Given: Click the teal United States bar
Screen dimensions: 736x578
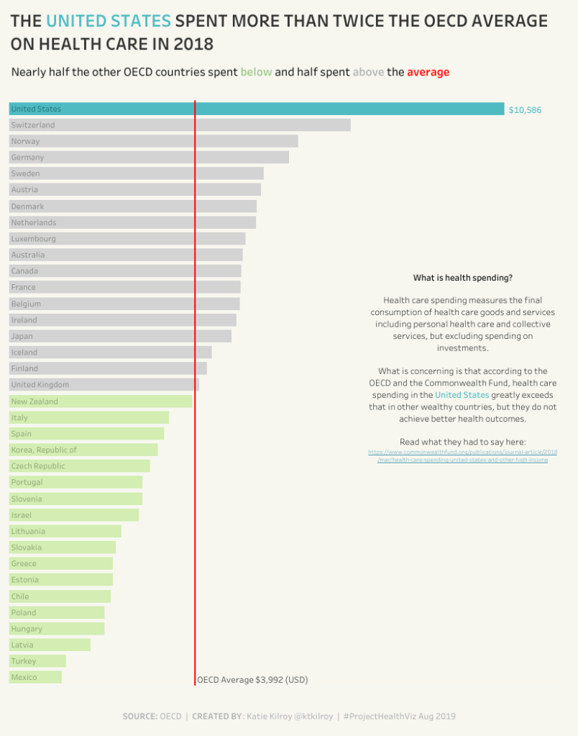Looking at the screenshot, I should point(256,109).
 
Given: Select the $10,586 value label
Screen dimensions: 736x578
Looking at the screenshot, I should point(525,110).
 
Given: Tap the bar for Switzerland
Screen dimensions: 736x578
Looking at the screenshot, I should point(180,125).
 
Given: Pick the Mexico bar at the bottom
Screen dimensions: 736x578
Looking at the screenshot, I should point(35,677).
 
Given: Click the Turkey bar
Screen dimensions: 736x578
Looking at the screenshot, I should point(37,660).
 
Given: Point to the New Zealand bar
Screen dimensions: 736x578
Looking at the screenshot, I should point(101,401).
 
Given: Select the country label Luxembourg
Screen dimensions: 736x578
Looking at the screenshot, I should point(33,239).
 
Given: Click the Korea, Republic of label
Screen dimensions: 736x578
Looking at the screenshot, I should point(44,450).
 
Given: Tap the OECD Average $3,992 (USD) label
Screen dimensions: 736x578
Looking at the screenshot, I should point(252,679).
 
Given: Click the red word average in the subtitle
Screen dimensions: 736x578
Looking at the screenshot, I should point(428,72).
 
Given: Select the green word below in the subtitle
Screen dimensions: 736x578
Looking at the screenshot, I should point(256,72).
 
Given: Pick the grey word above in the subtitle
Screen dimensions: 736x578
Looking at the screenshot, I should point(368,72).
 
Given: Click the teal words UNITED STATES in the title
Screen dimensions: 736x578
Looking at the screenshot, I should point(109,21).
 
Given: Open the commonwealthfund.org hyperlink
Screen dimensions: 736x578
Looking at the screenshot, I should point(462,455).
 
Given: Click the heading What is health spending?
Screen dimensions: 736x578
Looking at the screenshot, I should point(463,278).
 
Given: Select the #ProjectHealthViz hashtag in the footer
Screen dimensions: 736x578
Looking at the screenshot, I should point(379,716).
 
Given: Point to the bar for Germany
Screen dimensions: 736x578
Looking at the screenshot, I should point(149,157).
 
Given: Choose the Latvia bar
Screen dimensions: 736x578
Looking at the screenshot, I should point(50,645).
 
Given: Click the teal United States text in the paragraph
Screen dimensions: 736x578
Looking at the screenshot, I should point(462,395).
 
